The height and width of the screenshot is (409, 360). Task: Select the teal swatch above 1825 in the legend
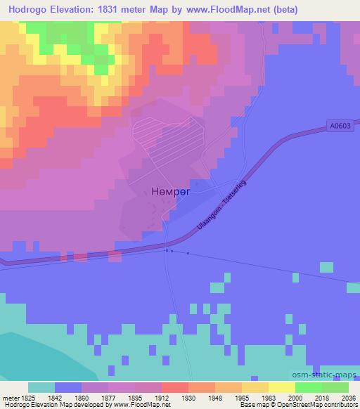pyautogui.click(x=41, y=387)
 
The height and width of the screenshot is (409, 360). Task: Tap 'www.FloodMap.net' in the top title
pyautogui.click(x=228, y=10)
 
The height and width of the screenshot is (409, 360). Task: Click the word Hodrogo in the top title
pyautogui.click(x=27, y=10)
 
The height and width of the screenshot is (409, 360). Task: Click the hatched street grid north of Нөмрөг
pyautogui.click(x=172, y=141)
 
